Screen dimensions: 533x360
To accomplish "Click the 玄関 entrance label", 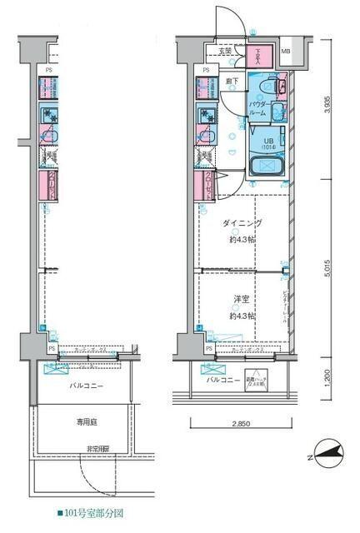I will pyautogui.click(x=225, y=52).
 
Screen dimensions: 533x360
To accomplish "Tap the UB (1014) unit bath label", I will pyautogui.click(x=268, y=144).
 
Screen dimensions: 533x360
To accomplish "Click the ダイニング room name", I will pyautogui.click(x=243, y=224).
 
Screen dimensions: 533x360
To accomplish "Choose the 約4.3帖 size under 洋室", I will pyautogui.click(x=243, y=316).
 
